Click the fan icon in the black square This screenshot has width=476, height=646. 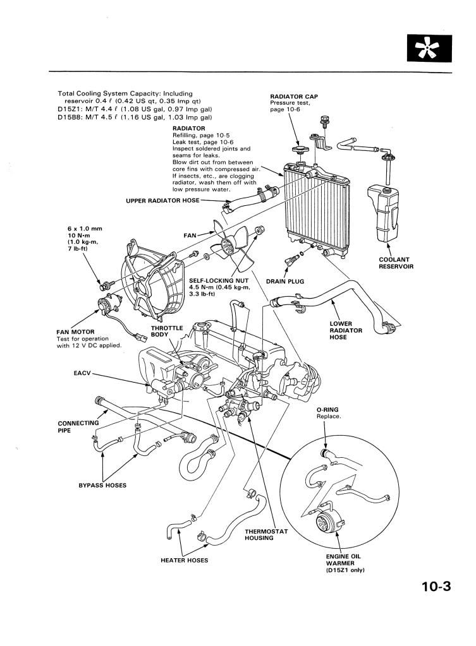click(429, 49)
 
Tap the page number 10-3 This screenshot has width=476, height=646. click(436, 586)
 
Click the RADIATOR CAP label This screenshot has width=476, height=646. click(294, 97)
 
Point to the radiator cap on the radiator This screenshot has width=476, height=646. click(298, 150)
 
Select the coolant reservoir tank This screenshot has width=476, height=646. click(382, 214)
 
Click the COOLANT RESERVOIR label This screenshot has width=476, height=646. click(396, 263)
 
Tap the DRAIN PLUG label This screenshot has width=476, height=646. click(285, 282)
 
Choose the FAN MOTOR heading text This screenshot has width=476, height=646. click(75, 332)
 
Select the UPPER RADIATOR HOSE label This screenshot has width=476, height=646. click(162, 201)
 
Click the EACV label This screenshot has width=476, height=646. click(82, 373)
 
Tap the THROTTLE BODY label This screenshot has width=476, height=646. click(167, 332)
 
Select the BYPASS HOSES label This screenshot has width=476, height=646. click(102, 486)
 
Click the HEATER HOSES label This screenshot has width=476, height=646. click(185, 560)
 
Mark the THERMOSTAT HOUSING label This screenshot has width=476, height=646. click(266, 535)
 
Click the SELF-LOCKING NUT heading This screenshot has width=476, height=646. click(219, 280)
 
